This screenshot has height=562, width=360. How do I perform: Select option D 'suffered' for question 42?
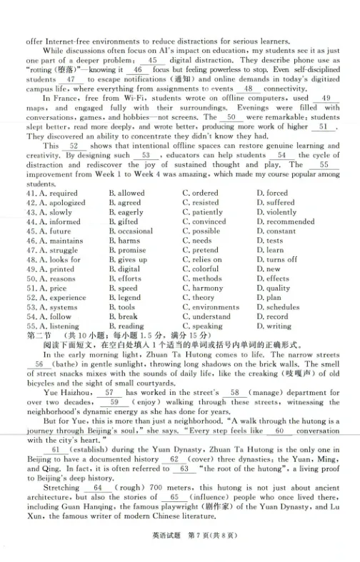click(x=276, y=203)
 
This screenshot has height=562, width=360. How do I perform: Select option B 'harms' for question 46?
click(x=124, y=241)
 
